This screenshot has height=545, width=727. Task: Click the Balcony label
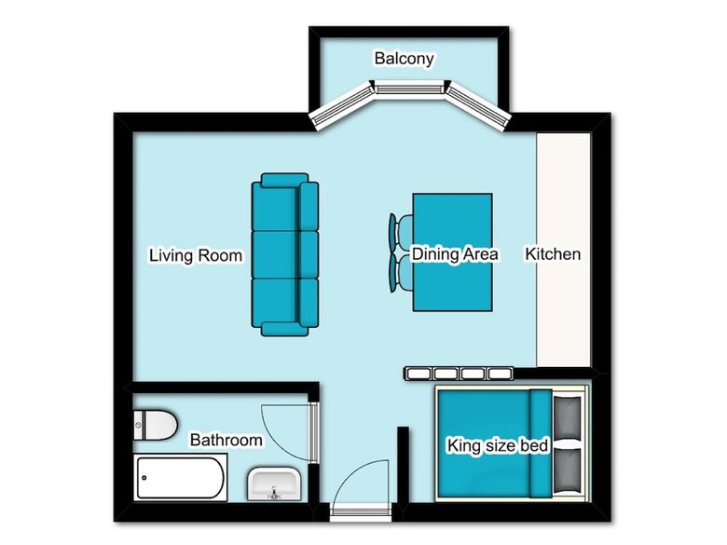click(404, 59)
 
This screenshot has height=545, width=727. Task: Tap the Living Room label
click(196, 255)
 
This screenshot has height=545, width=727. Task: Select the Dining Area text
click(455, 254)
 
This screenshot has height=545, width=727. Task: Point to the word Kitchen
click(553, 254)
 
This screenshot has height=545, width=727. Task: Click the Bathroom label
click(226, 440)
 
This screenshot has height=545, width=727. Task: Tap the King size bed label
click(498, 446)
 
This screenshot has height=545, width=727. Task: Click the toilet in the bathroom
click(156, 425)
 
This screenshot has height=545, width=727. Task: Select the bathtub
click(181, 478)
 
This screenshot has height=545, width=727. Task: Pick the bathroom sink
click(273, 484)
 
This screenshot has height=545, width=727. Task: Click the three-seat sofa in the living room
click(284, 255)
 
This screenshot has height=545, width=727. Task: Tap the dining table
click(453, 252)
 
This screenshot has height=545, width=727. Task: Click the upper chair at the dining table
click(401, 233)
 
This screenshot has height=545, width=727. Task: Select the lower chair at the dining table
click(401, 272)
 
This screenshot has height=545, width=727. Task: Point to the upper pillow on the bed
click(567, 418)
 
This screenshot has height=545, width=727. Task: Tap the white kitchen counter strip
click(563, 250)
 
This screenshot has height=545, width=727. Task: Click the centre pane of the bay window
click(408, 88)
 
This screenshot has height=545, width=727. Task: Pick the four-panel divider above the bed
click(459, 374)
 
